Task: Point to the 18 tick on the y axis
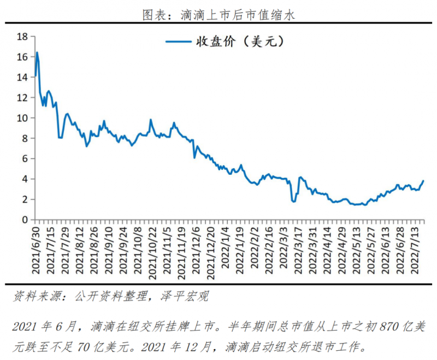point(22,37)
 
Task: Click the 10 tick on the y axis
point(22,118)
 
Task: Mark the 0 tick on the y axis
point(25,220)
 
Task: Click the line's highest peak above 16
point(37,53)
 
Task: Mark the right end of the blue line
point(423,181)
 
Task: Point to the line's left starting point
point(35,76)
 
